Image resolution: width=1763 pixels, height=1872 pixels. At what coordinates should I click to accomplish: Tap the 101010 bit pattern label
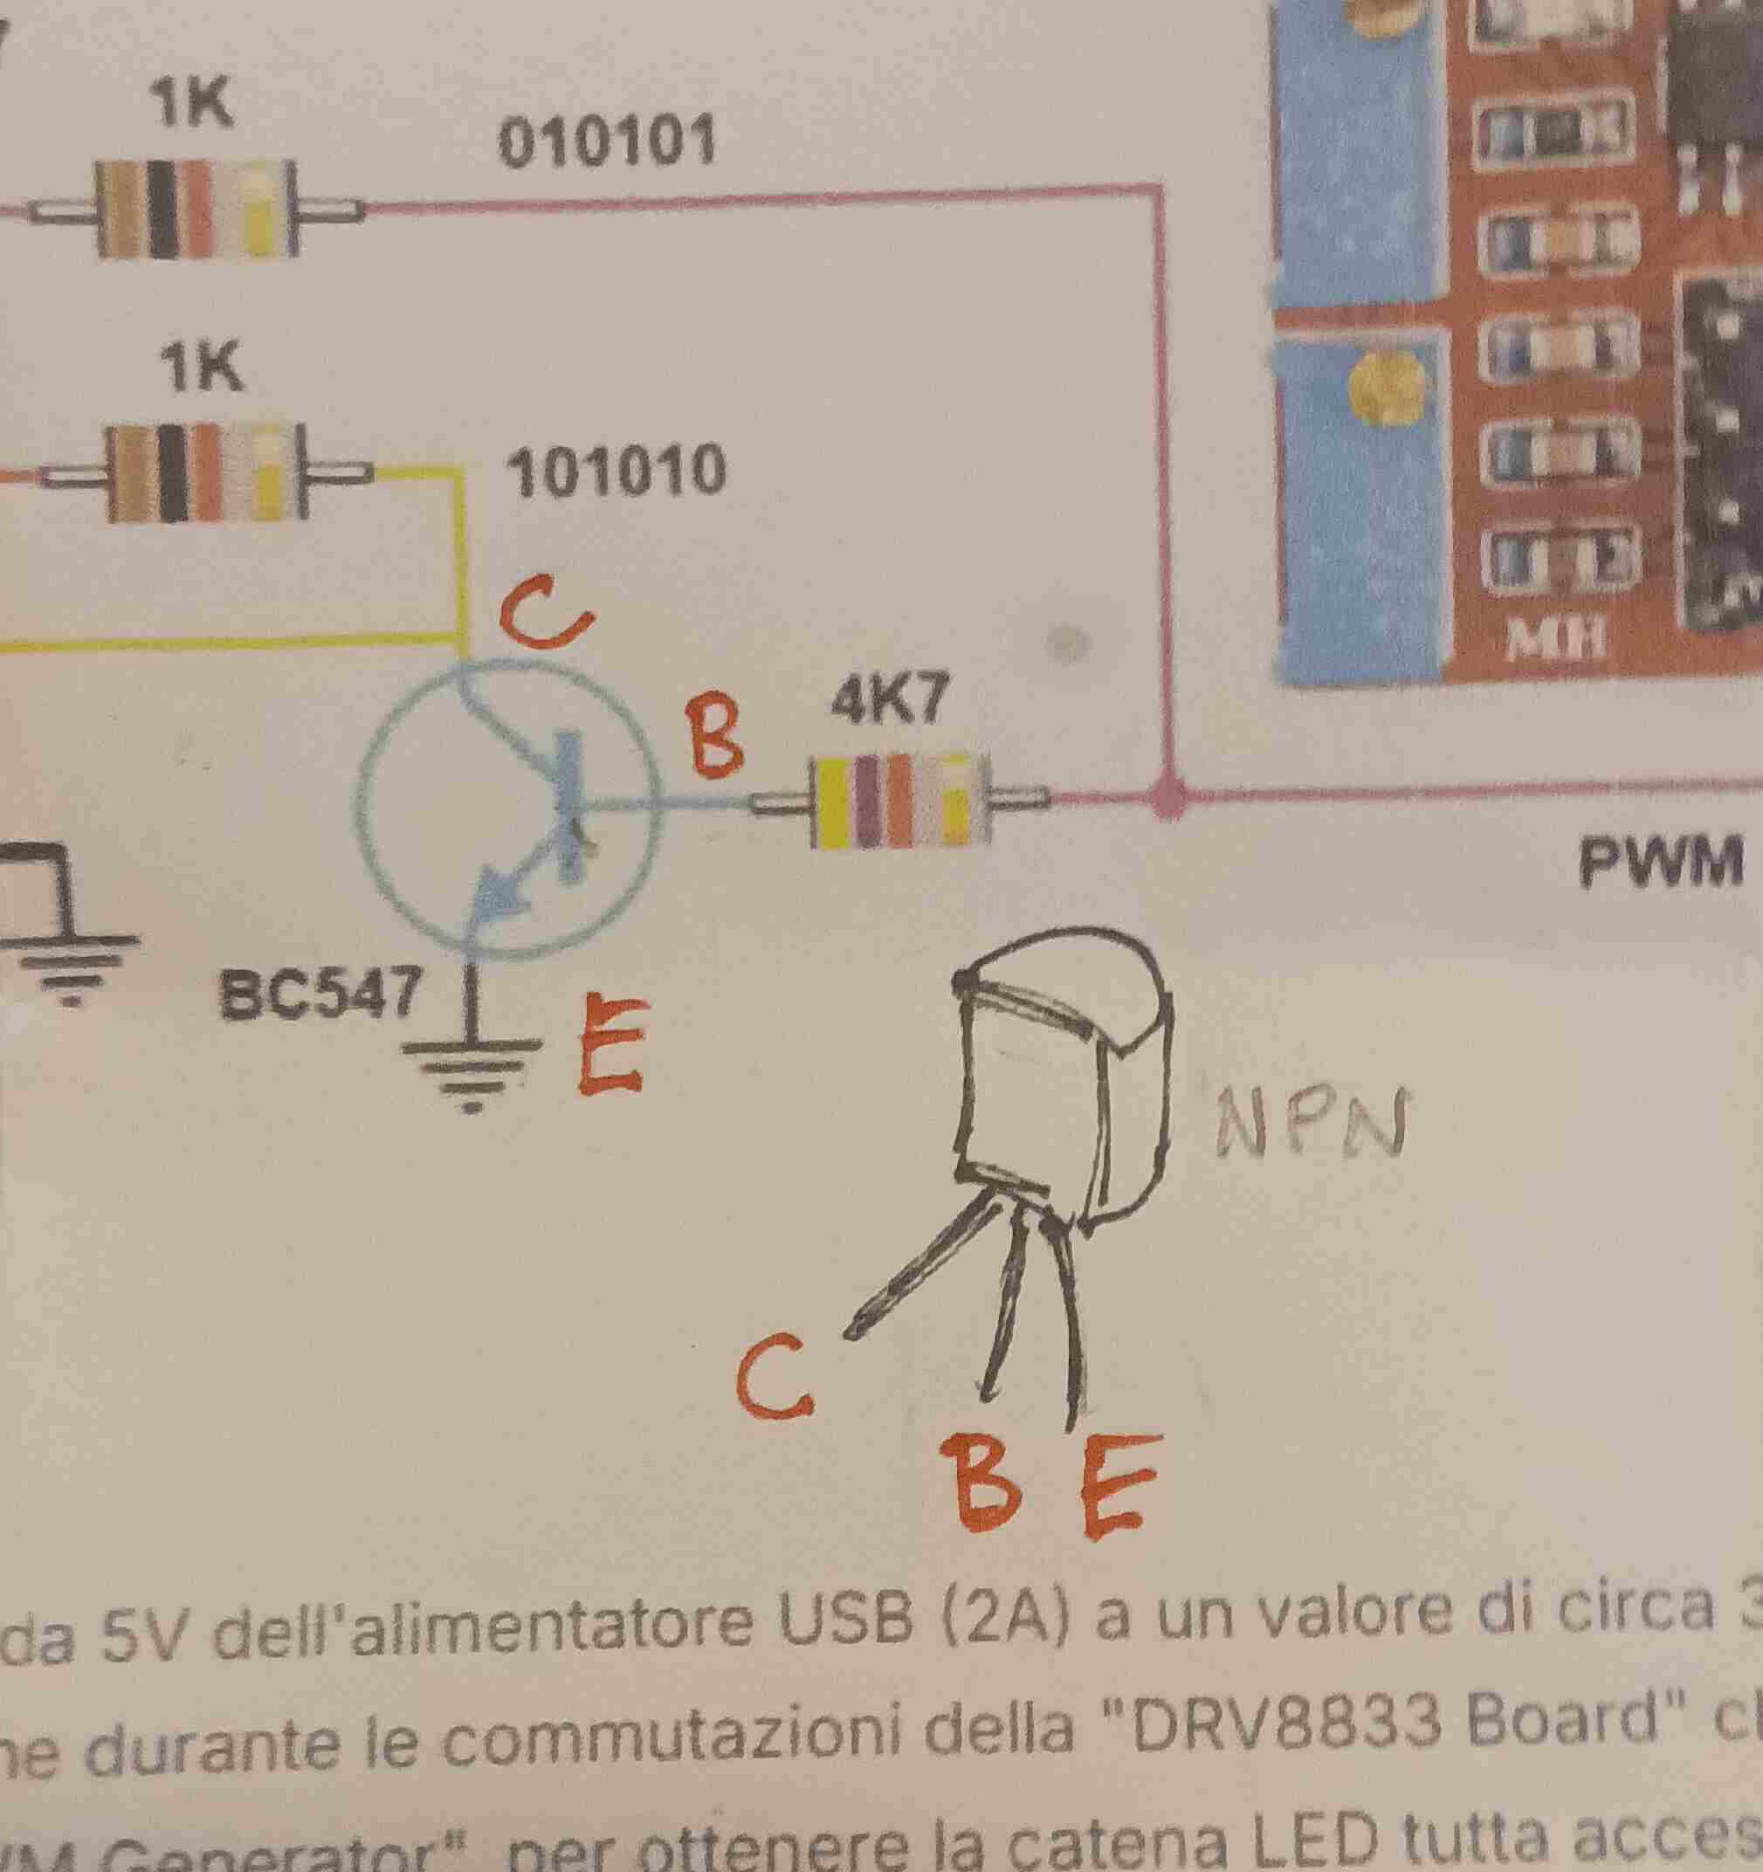pos(616,470)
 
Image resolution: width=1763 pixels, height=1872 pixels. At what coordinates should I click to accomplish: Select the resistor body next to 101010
pos(203,473)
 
